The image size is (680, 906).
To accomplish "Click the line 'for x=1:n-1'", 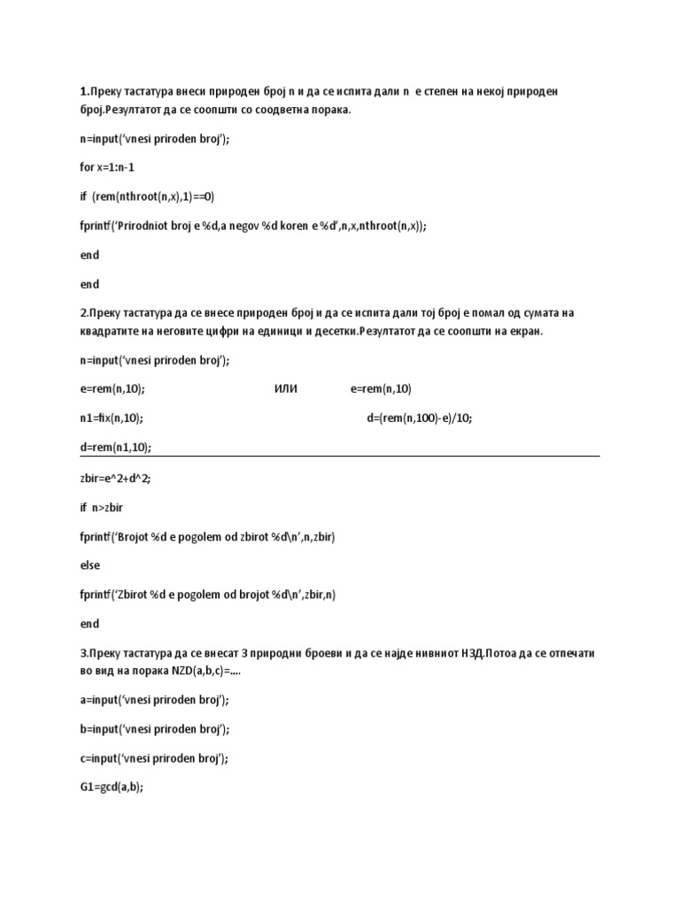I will tap(107, 167).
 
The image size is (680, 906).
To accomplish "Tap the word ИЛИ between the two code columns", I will tap(287, 388).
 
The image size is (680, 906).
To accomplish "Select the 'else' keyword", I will tap(89, 565).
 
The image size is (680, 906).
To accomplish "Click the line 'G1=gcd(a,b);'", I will tap(112, 788).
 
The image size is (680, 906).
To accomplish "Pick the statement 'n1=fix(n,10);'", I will tap(112, 418).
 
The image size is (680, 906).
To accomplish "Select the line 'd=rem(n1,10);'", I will tap(115, 447).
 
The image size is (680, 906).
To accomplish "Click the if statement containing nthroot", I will tap(147, 196).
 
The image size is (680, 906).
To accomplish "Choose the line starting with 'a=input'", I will tap(154, 700).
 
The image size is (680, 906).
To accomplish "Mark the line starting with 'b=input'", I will tap(154, 729).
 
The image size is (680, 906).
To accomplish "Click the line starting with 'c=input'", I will tap(154, 758).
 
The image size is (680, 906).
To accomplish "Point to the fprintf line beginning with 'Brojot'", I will tap(207, 536).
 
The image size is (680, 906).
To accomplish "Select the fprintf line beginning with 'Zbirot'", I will tap(207, 595).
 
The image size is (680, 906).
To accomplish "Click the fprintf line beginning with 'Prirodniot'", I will tap(253, 226).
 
